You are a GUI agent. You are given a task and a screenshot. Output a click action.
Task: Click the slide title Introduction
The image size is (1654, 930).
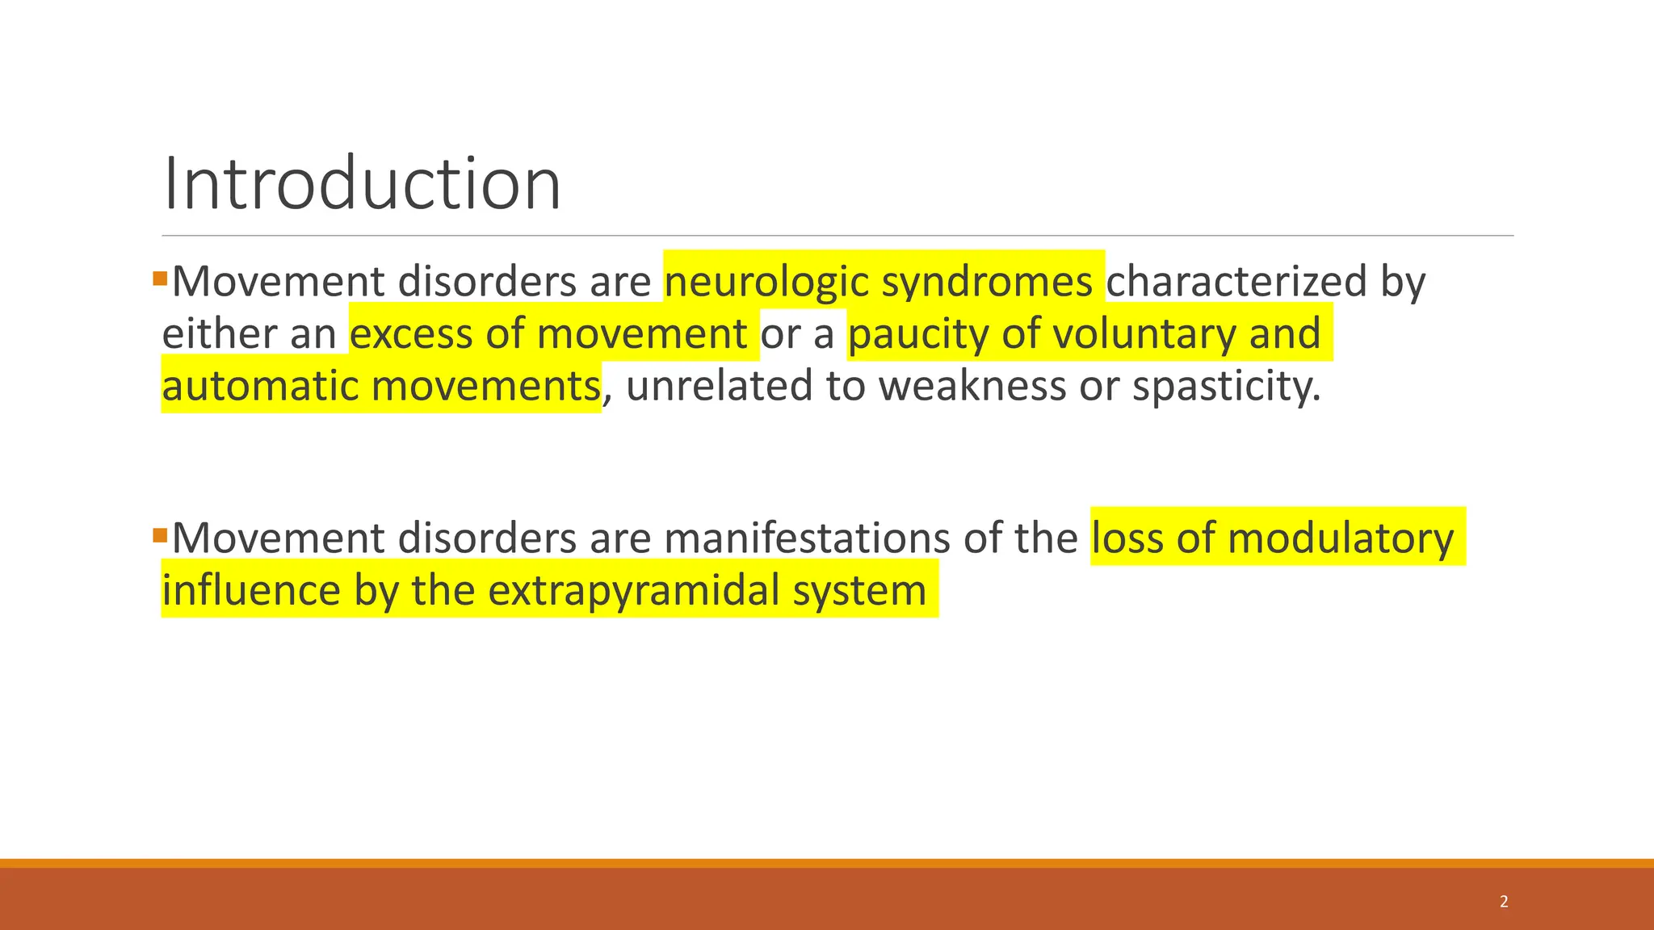(362, 184)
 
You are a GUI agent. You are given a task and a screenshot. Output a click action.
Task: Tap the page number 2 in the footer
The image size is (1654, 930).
(1504, 902)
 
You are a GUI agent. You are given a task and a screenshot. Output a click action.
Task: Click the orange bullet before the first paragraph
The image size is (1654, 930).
(160, 279)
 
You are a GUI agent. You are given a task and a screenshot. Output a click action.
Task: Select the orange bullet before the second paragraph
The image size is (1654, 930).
(160, 535)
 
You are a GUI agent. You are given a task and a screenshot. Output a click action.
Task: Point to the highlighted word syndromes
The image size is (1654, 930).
(987, 282)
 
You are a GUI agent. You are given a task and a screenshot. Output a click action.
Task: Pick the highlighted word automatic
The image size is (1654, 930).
(259, 385)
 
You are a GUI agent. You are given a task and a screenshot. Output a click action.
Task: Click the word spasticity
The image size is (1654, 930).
(1226, 385)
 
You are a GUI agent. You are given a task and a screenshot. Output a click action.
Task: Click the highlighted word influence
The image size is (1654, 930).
(251, 589)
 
